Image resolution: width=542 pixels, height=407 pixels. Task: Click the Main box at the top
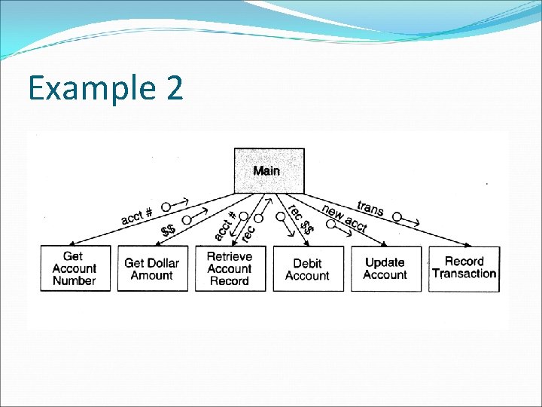[x=269, y=170]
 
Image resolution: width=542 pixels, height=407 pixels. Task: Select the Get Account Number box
[x=74, y=269]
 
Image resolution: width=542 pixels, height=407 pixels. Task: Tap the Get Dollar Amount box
[x=152, y=269]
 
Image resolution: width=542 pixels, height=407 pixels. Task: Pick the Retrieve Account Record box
[x=230, y=269]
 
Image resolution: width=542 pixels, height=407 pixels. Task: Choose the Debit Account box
[x=307, y=269]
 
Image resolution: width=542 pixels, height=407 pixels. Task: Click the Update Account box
[x=385, y=269]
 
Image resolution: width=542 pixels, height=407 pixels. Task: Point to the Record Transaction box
[x=464, y=268]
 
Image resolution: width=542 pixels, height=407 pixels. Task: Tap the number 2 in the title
[x=171, y=88]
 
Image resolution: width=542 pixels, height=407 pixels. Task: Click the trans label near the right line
[x=370, y=207]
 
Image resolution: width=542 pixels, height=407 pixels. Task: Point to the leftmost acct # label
[x=137, y=216]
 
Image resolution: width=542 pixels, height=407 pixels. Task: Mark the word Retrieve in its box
[x=230, y=256]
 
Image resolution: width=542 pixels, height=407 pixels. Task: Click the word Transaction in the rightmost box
[x=464, y=274]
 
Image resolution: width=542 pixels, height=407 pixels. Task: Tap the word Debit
[x=307, y=263]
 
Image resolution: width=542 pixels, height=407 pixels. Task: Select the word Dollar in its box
[x=163, y=263]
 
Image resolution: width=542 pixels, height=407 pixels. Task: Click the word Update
[x=385, y=262]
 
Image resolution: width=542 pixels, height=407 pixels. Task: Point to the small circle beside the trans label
[x=397, y=216]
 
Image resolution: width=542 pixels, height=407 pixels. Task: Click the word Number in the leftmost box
[x=74, y=281]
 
